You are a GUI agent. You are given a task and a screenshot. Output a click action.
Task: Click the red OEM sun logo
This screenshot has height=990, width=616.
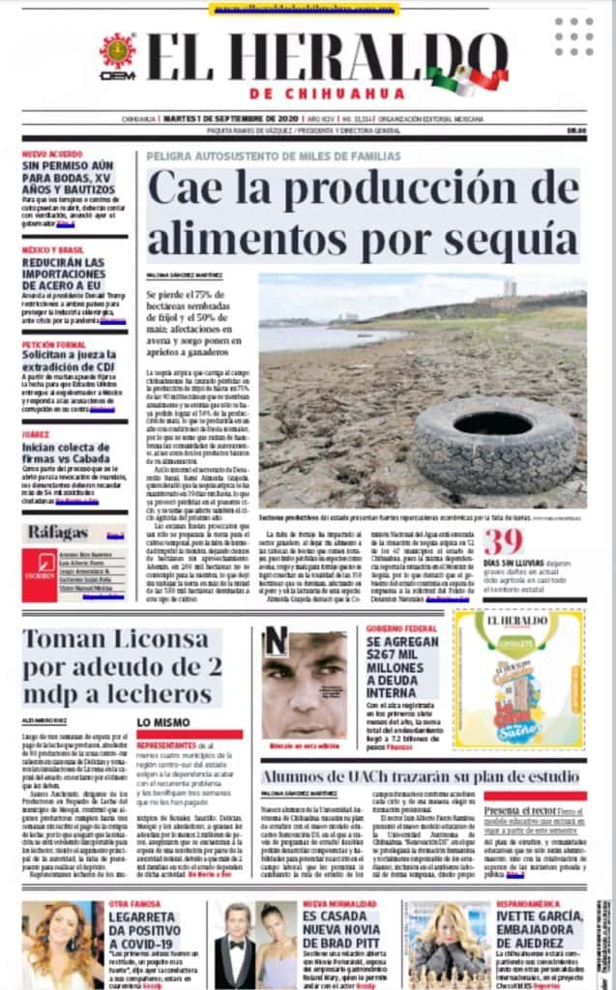pos(118,54)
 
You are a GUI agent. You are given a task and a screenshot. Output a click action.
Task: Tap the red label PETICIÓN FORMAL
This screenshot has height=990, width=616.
pos(54,344)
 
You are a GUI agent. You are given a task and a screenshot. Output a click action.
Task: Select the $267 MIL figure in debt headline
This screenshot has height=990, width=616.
pos(396,666)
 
